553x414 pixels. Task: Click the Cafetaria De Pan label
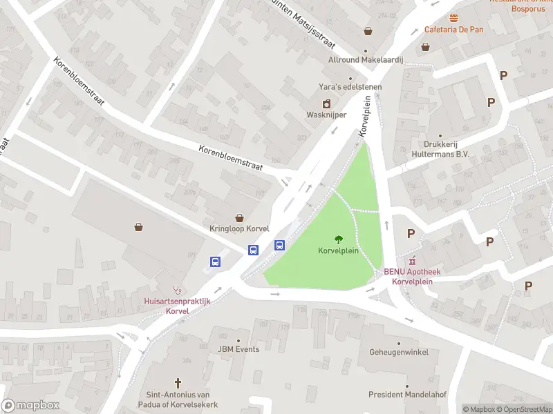pyautogui.click(x=453, y=29)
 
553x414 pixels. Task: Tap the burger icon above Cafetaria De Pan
pyautogui.click(x=453, y=17)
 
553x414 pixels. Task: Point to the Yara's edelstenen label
pyautogui.click(x=350, y=86)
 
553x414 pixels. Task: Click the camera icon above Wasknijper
pyautogui.click(x=327, y=103)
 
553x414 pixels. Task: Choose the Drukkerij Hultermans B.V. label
pyautogui.click(x=440, y=150)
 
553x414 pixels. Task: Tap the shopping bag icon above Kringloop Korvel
pyautogui.click(x=239, y=217)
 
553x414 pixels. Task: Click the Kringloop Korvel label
pyautogui.click(x=239, y=228)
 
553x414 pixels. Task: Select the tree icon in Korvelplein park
pyautogui.click(x=338, y=239)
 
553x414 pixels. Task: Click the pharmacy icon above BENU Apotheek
pyautogui.click(x=413, y=261)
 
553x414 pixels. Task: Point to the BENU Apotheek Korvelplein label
pyautogui.click(x=412, y=276)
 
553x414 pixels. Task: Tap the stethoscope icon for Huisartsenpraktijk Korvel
pyautogui.click(x=177, y=290)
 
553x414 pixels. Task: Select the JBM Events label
pyautogui.click(x=238, y=349)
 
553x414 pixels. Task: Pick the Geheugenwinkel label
pyautogui.click(x=398, y=352)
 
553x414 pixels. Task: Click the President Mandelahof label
pyautogui.click(x=407, y=395)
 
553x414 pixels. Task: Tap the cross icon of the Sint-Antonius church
pyautogui.click(x=178, y=382)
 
